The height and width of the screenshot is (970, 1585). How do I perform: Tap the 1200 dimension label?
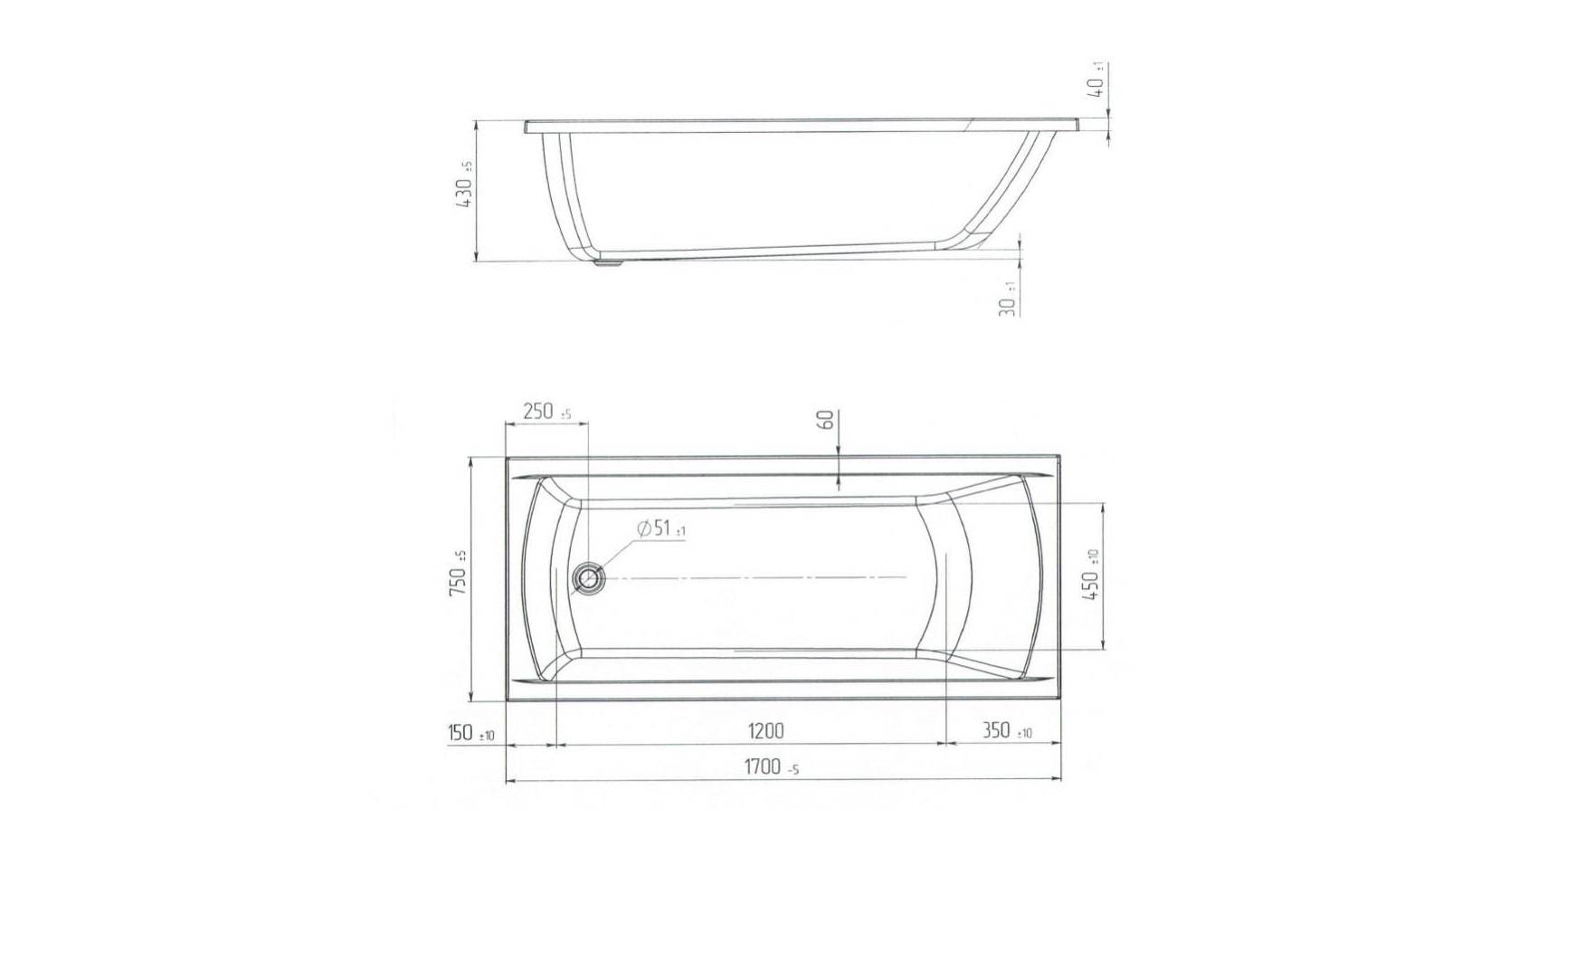(764, 730)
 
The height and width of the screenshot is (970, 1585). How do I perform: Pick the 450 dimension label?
(1091, 575)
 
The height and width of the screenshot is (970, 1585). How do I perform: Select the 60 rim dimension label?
(825, 420)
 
